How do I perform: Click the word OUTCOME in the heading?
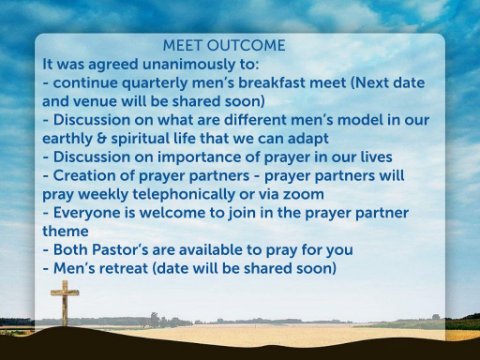point(246,46)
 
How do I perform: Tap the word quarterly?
point(154,83)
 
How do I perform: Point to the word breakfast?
point(271,83)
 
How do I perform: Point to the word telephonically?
point(184,194)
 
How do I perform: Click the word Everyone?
point(87,213)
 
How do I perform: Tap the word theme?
point(65,231)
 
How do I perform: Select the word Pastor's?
point(120,250)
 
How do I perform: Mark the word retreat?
point(124,269)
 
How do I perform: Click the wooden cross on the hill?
point(65,303)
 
